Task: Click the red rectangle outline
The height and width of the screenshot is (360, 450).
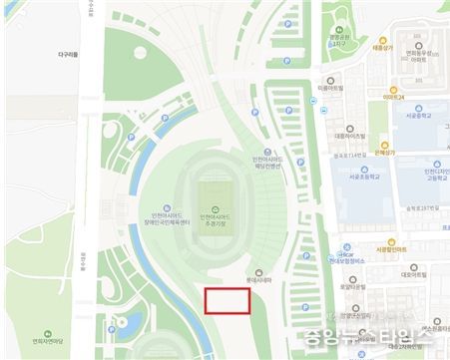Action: (226, 301)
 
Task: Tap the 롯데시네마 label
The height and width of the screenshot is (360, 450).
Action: (259, 281)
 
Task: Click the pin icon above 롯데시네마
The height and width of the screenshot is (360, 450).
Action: (259, 271)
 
